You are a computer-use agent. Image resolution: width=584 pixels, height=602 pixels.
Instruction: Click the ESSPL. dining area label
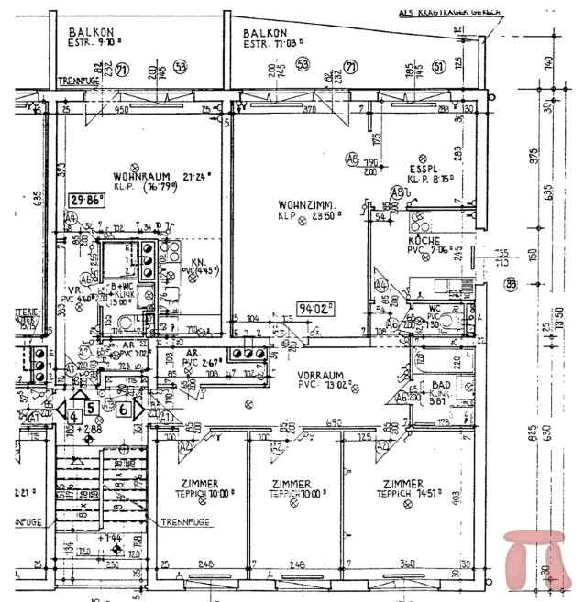tap(425, 169)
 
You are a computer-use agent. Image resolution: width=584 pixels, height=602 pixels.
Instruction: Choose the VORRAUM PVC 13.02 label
tap(319, 375)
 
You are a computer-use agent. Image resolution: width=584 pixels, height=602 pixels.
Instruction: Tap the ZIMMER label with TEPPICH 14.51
tap(403, 484)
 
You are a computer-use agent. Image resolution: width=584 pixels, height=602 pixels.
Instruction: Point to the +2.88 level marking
tap(91, 428)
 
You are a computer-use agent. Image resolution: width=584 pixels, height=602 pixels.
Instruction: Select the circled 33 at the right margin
tap(511, 285)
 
